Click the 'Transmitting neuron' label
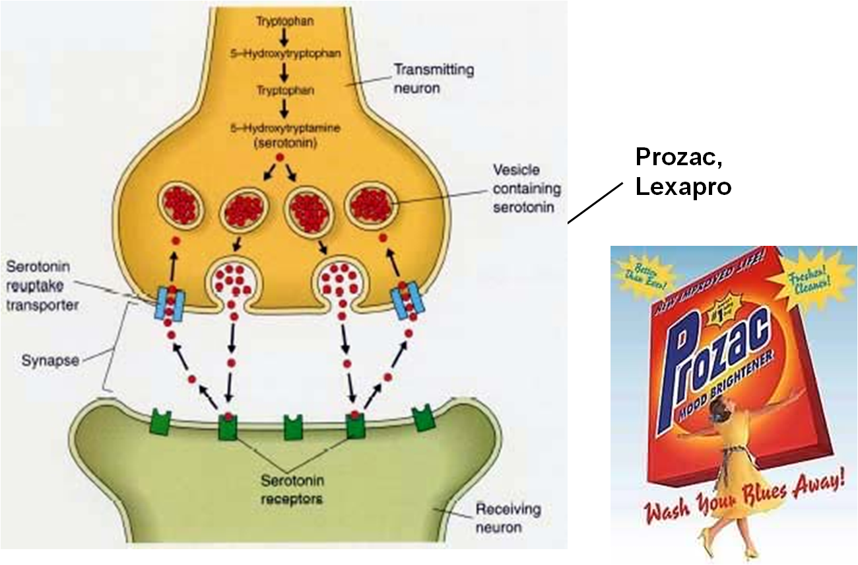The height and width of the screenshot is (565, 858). [x=433, y=77]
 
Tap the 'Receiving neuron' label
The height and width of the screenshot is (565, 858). [x=500, y=518]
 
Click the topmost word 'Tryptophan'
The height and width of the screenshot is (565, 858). [x=285, y=22]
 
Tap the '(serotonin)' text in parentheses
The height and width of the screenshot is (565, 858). [x=284, y=143]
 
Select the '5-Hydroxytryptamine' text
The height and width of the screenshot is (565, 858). [x=286, y=129]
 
